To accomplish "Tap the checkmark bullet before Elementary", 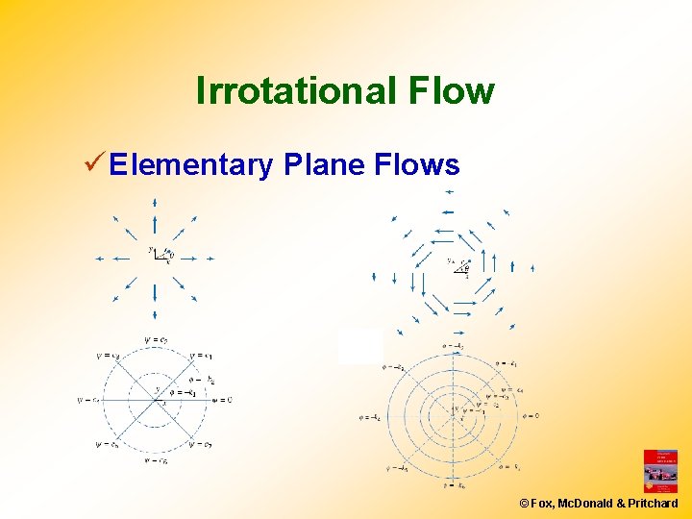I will (x=94, y=164).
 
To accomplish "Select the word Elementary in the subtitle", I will (x=191, y=165).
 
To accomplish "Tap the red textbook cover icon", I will (x=660, y=471).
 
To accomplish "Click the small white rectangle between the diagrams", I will (x=360, y=346).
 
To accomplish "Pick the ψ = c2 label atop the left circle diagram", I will (x=156, y=338).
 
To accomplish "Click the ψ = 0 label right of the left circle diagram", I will (x=220, y=400).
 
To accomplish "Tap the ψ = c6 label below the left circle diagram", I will (x=156, y=461).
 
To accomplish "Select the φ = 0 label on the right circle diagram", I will (x=530, y=416).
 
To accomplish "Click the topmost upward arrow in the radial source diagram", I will (x=154, y=204).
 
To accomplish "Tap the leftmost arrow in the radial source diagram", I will (x=101, y=258).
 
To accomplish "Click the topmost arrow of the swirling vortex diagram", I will (x=448, y=191).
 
